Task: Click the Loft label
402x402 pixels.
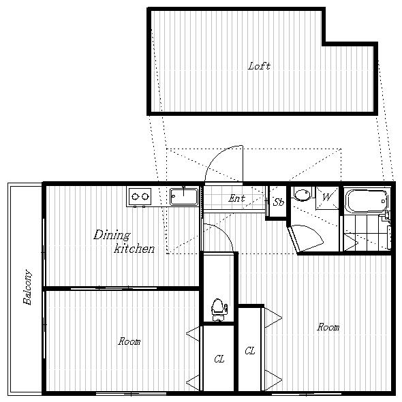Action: point(259,66)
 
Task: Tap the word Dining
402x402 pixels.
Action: point(112,235)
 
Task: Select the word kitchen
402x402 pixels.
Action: point(134,249)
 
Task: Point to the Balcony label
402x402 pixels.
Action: point(27,287)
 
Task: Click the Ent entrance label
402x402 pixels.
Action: point(236,198)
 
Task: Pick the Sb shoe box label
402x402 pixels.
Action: point(279,202)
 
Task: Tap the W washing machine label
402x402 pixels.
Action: point(327,198)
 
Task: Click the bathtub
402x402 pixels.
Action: point(366,201)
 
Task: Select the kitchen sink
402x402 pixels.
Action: point(184,197)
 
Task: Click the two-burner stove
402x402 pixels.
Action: point(140,197)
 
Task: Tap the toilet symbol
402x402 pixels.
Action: point(219,310)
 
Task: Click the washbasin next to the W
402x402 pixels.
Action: point(303,195)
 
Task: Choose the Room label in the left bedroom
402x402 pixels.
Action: point(129,341)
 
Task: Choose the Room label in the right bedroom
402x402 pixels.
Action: point(328,327)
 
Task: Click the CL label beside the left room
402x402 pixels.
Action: point(219,359)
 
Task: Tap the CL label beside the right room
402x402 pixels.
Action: point(250,351)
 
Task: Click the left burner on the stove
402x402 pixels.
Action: point(135,197)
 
